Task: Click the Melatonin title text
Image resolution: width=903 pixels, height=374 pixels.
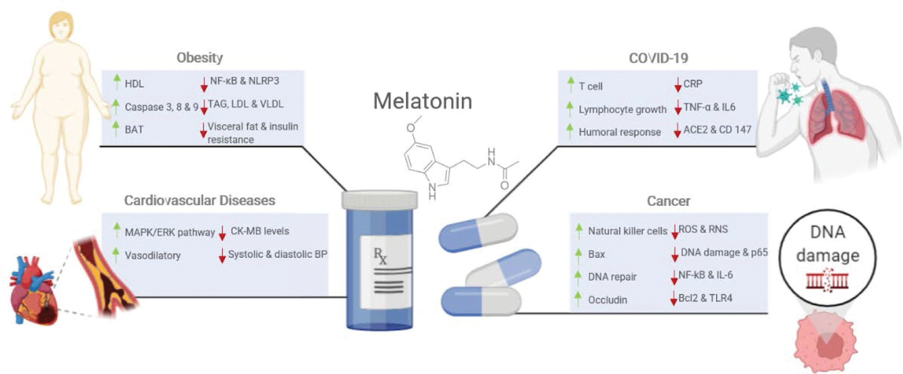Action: (422, 101)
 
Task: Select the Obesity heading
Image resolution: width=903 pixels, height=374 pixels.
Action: (200, 58)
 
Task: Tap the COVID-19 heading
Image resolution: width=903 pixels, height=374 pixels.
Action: (658, 58)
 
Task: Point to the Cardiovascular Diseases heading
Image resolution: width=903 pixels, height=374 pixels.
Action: (200, 201)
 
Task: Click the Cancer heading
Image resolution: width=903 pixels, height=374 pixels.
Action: (668, 201)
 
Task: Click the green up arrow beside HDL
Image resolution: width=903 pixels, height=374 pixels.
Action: (117, 82)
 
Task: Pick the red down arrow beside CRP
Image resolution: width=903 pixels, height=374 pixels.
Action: (677, 84)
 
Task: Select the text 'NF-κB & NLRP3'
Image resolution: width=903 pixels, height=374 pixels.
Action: (245, 81)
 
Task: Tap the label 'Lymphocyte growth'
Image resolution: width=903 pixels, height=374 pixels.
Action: (622, 109)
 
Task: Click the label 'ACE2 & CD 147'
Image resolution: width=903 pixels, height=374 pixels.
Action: (717, 130)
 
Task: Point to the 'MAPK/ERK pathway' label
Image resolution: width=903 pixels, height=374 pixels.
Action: (170, 232)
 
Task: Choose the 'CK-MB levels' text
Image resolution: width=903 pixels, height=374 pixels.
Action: (260, 231)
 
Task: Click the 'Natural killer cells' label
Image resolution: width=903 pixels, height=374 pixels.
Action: (627, 231)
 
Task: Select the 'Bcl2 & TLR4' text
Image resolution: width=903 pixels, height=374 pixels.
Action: (705, 298)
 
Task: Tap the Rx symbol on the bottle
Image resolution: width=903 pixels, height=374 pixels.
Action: (380, 256)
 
